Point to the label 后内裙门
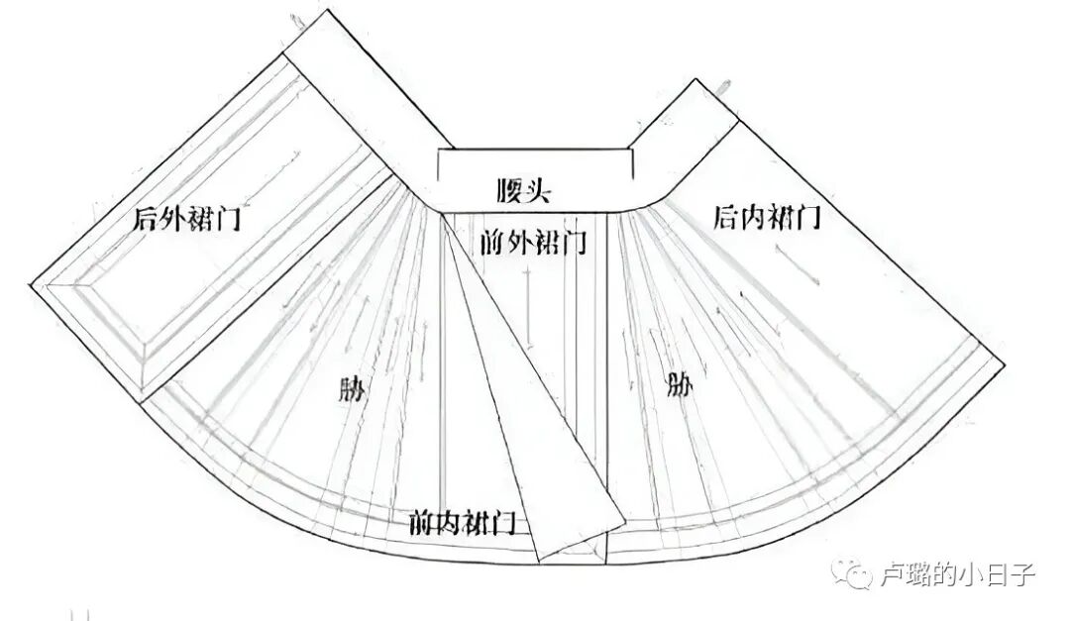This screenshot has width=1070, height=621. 767,218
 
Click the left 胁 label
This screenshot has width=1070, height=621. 351,388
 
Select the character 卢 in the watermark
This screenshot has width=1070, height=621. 892,573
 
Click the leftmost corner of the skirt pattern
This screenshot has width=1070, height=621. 32,284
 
